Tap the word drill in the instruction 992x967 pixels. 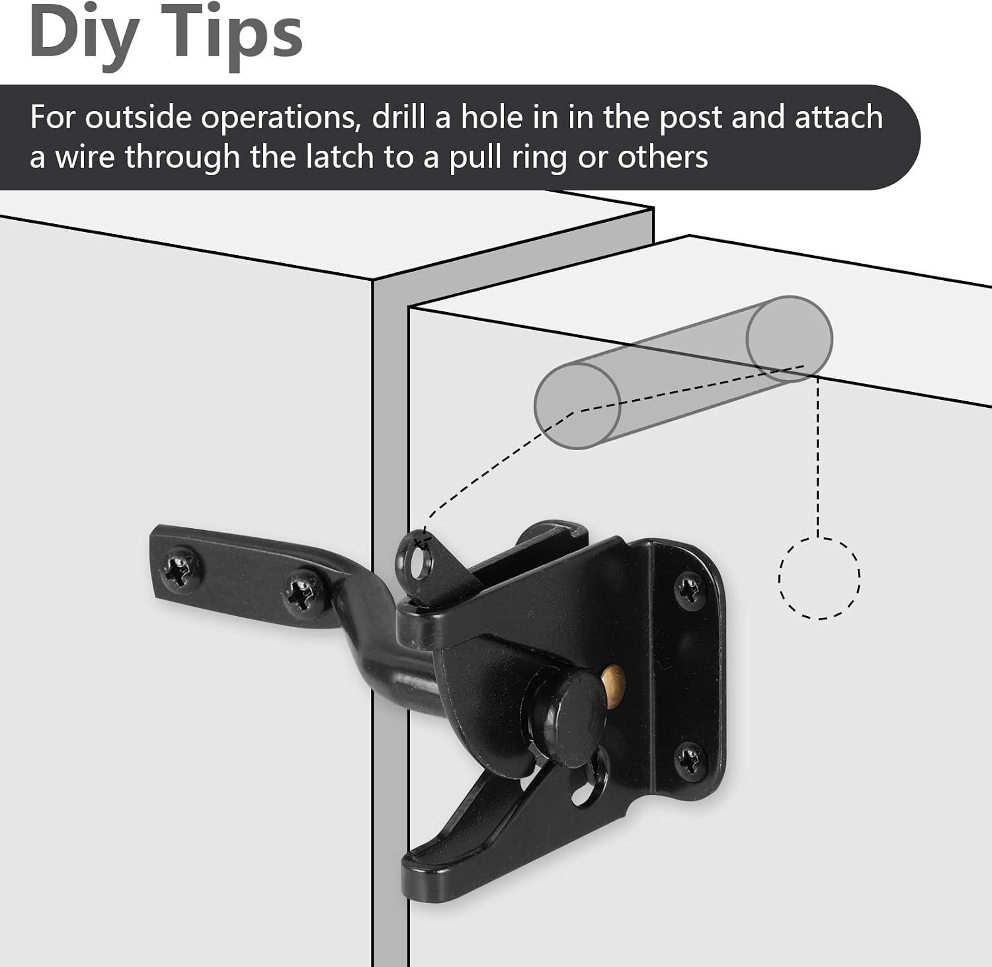(396, 117)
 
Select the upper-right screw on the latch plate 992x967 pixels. (691, 587)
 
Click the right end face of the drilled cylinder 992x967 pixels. (790, 338)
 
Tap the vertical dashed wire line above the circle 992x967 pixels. (819, 456)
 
